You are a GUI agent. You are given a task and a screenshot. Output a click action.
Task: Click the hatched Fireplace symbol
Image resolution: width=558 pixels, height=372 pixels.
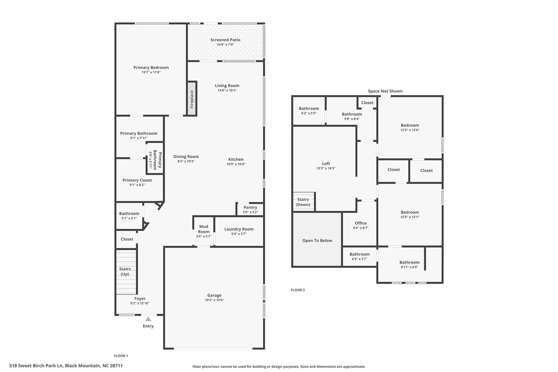coord(192,99)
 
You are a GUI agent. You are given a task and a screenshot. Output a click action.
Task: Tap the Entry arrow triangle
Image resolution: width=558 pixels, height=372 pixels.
coord(148,319)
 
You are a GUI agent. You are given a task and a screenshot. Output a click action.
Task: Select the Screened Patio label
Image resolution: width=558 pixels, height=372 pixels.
coord(225,40)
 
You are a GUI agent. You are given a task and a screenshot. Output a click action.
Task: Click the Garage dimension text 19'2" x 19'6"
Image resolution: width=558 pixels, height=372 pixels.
coord(214,300)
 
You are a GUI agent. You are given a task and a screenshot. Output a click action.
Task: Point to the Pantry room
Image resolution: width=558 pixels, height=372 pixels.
coord(250,209)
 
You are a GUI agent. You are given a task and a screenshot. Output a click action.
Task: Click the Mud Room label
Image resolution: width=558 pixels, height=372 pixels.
coord(204,229)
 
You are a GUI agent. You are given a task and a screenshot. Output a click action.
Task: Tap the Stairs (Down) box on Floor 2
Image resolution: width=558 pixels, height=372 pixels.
coord(303,202)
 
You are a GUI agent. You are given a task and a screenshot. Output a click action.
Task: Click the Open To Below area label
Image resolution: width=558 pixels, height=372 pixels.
coord(317,240)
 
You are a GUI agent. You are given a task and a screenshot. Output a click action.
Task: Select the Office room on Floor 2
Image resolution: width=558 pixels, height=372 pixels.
coord(360,225)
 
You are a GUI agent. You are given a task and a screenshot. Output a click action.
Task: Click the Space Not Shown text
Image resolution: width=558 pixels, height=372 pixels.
coord(385,91)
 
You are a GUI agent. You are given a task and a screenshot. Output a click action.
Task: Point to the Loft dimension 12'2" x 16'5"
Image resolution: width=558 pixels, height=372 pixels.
coord(326,168)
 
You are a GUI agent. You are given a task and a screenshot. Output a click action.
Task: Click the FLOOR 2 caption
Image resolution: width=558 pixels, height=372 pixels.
coord(298,290)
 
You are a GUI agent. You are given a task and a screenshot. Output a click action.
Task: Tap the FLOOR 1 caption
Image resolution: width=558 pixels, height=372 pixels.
coord(121,356)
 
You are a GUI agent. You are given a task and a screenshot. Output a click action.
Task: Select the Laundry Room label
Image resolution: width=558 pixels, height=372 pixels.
coord(239,229)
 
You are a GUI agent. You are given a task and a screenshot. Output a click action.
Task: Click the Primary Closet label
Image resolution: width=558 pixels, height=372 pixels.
coord(137,180)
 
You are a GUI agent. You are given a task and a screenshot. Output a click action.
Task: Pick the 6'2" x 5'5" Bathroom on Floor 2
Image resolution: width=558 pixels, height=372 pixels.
coord(309,110)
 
